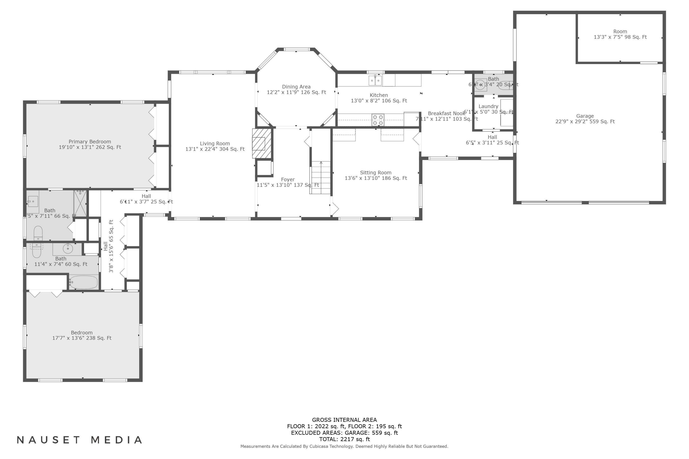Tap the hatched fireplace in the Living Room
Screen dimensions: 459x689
click(x=261, y=143)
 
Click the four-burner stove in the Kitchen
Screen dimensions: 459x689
click(x=378, y=120)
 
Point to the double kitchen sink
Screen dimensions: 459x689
click(x=375, y=80)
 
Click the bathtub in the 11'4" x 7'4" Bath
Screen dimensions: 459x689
click(x=84, y=282)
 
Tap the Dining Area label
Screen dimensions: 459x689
click(x=296, y=87)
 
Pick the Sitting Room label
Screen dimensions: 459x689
click(x=376, y=173)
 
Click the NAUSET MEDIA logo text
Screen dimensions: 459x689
click(x=79, y=440)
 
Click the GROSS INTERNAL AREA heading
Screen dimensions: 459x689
click(x=344, y=420)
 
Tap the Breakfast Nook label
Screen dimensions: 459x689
click(x=446, y=114)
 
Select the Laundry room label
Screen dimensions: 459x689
click(x=488, y=106)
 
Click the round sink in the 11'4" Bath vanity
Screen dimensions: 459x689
click(x=68, y=249)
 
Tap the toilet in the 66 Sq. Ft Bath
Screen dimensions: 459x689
click(x=38, y=233)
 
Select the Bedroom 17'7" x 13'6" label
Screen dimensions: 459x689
click(x=82, y=333)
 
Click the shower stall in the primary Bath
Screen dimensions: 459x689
click(x=80, y=203)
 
